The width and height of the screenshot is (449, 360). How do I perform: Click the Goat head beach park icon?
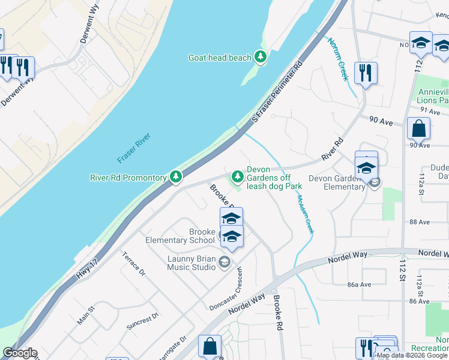click(261, 57)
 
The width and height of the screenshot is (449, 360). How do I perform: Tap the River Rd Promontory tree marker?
click(176, 177)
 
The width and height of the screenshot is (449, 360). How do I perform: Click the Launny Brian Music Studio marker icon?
click(224, 261)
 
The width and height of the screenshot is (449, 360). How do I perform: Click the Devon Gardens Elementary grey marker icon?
click(375, 182)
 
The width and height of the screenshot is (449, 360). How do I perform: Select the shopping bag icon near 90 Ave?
click(418, 128)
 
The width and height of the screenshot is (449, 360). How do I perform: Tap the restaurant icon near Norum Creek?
click(366, 73)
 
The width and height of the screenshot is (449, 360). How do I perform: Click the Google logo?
click(20, 353)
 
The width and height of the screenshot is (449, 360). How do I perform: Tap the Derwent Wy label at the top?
click(89, 24)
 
